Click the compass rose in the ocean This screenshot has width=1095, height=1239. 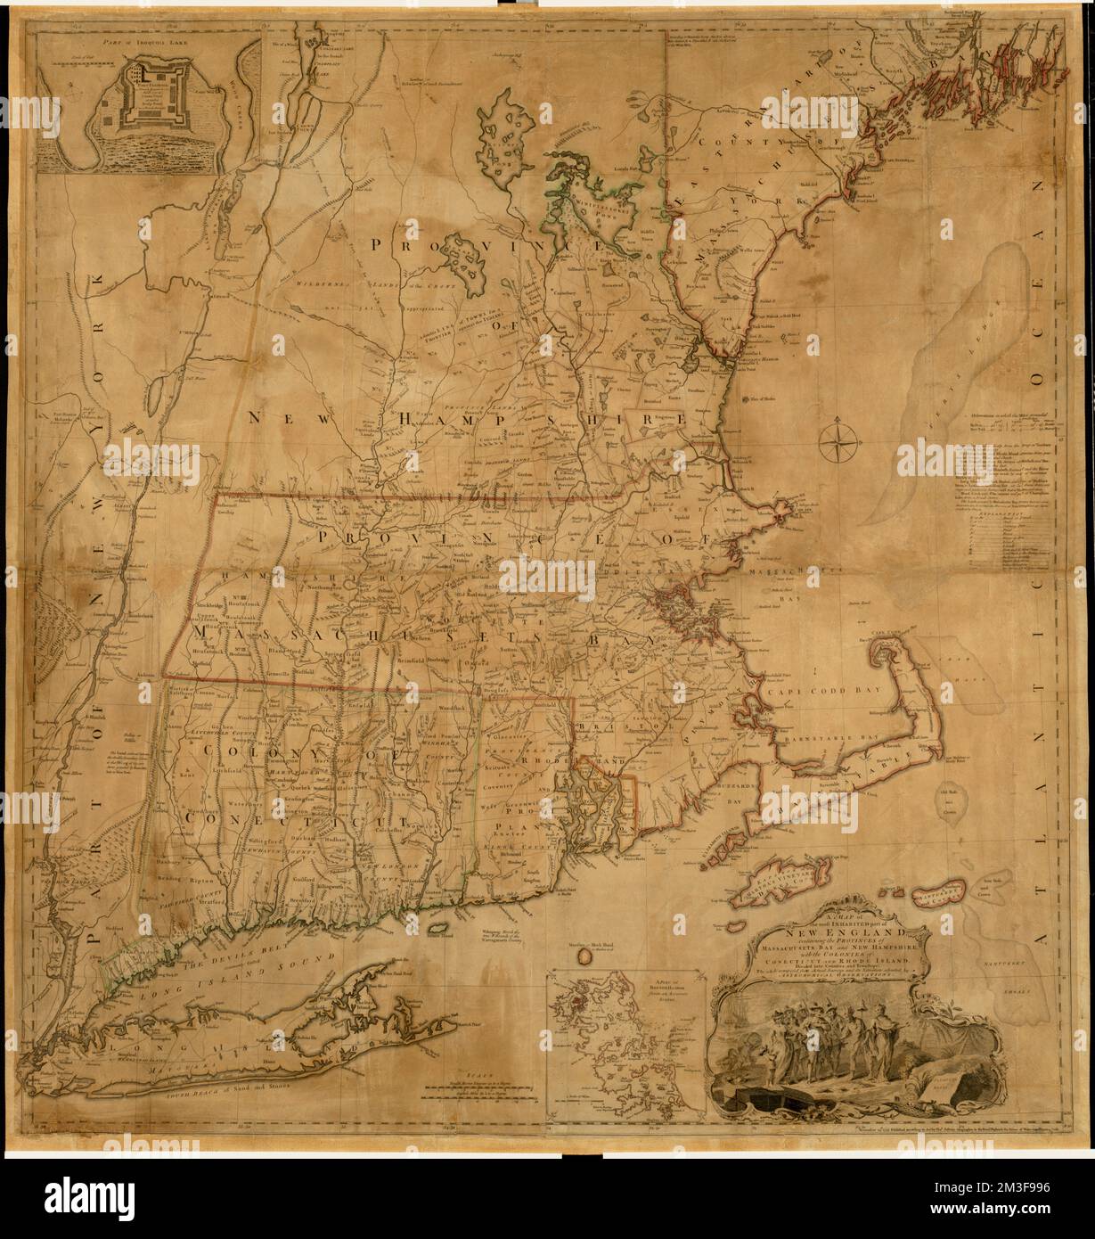[838, 438]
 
